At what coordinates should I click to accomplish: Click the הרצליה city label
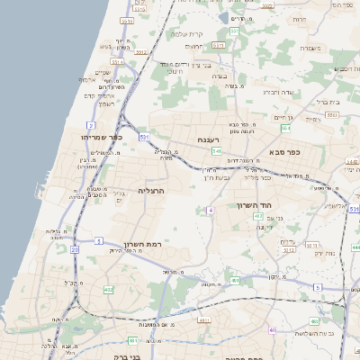point(152,191)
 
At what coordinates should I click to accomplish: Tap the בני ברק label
point(118,355)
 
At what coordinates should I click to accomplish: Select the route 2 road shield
point(91,124)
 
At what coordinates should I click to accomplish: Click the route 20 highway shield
point(75,249)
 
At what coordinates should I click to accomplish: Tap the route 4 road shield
point(210,210)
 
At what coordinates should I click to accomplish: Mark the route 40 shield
point(272,329)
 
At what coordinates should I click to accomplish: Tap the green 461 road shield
point(133,341)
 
